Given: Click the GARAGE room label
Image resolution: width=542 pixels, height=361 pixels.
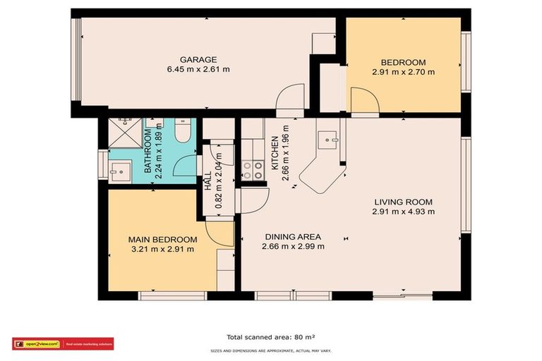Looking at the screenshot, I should tap(198, 60).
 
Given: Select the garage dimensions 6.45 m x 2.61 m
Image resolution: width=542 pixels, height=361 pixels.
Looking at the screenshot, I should tap(198, 69).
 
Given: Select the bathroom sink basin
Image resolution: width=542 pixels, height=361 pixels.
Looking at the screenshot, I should tap(119, 169).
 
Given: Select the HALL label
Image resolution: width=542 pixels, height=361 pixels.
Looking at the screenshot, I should tap(209, 183).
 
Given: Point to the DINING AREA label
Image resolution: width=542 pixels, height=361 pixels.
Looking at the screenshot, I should tap(293, 237).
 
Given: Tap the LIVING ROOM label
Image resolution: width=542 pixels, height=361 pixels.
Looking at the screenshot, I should tap(404, 202).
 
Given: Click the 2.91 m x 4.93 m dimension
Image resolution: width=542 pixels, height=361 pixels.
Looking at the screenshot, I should tap(404, 211).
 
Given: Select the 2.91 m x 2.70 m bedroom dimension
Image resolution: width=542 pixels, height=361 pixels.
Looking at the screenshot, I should tap(404, 71).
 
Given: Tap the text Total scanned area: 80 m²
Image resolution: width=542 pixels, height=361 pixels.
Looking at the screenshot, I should tap(270, 337).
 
